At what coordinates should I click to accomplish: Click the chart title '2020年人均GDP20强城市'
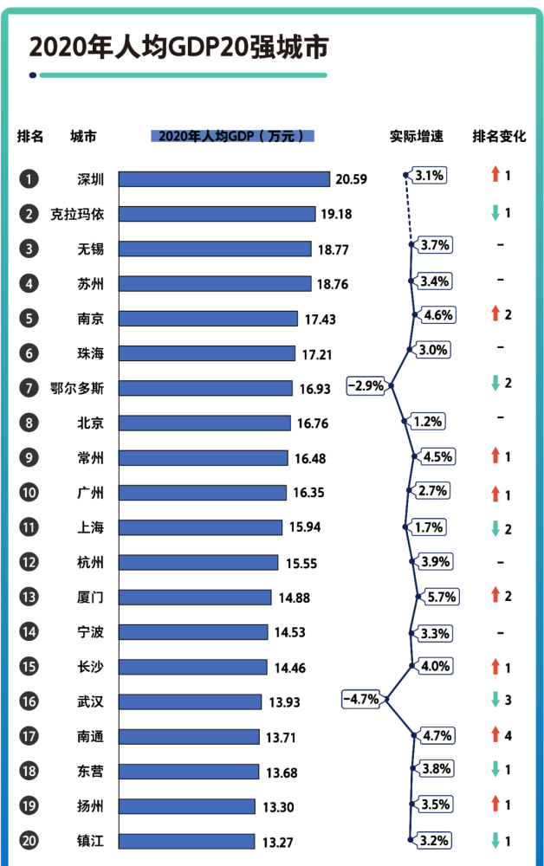pos(178,48)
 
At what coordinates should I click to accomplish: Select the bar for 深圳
pos(223,179)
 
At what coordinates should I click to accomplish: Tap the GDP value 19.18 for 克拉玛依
pos(338,214)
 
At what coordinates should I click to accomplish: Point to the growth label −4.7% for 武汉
pos(361,699)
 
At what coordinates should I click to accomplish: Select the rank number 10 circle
pos(29,493)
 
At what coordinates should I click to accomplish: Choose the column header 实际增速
pos(417,136)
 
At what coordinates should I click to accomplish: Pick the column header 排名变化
pos(499,136)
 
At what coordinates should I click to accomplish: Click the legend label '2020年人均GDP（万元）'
pos(232,136)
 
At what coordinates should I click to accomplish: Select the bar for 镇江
pos(186,841)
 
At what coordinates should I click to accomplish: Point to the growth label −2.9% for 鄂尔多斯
pos(366,385)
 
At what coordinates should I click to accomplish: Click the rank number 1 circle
pos(29,179)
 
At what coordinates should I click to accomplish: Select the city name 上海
pos(90,527)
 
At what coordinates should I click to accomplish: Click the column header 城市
pos(83,136)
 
